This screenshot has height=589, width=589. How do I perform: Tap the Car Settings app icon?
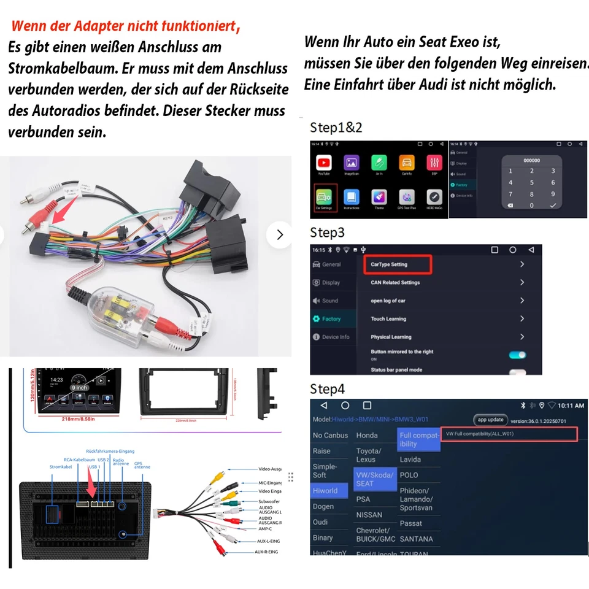(325, 198)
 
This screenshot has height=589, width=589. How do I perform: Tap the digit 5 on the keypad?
(532, 183)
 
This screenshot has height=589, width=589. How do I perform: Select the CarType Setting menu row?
(398, 264)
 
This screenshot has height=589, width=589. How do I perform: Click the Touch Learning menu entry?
(388, 319)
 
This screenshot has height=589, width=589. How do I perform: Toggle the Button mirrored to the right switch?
(517, 355)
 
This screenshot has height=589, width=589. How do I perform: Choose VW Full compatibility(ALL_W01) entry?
(509, 434)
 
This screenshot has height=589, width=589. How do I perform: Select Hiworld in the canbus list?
(325, 491)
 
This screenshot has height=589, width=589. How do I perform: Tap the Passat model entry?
(411, 523)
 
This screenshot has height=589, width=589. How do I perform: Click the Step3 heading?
(327, 233)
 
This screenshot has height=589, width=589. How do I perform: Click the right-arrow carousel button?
(280, 235)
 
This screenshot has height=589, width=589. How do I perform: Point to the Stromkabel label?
(61, 467)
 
